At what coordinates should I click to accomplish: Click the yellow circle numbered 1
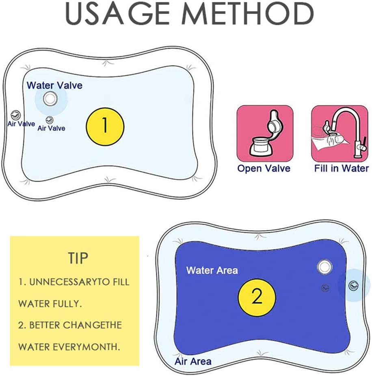click(x=105, y=127)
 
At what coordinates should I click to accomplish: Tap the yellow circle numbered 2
click(x=257, y=297)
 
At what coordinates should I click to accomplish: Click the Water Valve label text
click(x=54, y=85)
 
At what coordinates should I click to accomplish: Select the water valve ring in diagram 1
click(x=50, y=98)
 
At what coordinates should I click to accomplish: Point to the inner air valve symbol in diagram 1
click(x=50, y=120)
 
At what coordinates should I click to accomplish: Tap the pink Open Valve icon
click(x=265, y=133)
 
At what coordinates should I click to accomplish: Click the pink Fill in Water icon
click(x=340, y=133)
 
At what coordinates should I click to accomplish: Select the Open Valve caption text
click(x=264, y=168)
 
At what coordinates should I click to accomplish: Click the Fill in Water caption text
click(x=342, y=168)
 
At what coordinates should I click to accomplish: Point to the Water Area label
click(x=212, y=271)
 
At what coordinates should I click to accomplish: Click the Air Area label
click(x=193, y=361)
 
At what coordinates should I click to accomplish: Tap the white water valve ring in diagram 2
click(x=324, y=267)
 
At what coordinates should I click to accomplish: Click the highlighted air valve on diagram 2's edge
click(x=354, y=286)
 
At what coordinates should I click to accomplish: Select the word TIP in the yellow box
click(x=78, y=258)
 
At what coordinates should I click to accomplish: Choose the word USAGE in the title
click(x=117, y=13)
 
